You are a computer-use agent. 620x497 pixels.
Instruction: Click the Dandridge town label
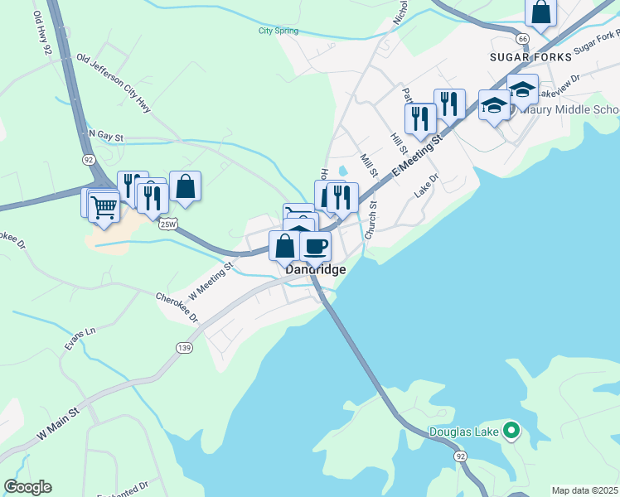(x=315, y=270)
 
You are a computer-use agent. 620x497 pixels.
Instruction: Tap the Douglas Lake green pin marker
(x=512, y=431)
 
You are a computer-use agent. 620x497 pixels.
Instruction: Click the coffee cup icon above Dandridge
(x=315, y=246)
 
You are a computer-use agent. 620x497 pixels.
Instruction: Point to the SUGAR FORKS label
(x=530, y=57)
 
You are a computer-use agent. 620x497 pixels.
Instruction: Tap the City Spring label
(x=278, y=31)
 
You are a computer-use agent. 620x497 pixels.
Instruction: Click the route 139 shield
(x=184, y=349)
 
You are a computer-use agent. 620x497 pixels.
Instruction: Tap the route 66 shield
(x=521, y=39)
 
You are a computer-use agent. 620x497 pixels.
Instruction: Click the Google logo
(x=27, y=487)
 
